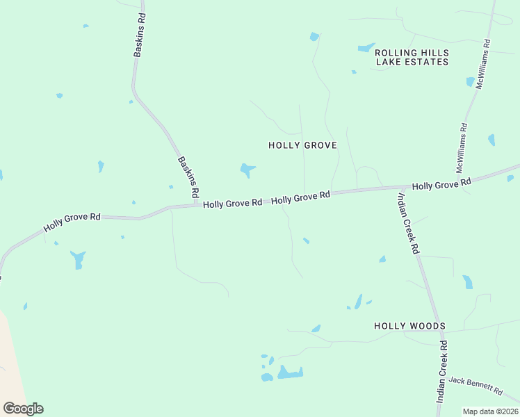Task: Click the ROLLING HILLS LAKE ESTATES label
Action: pos(412,57)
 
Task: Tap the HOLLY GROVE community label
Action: pos(302,145)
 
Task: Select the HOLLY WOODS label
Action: pos(409,326)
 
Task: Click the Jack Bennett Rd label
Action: pos(476,384)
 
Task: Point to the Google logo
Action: pos(23,409)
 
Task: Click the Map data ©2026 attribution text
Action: pos(490,411)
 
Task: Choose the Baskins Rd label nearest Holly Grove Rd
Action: pos(188,177)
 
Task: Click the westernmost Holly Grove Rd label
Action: pos(72,222)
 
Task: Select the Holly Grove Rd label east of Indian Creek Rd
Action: pos(441,184)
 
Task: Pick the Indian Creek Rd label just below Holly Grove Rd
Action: pos(407,222)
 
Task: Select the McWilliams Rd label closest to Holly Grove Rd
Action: pos(464,148)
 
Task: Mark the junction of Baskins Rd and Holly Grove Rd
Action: pos(197,205)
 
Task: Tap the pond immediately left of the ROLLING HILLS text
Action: pos(366,48)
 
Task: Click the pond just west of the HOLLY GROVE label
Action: pos(246,169)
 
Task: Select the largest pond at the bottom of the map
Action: pos(290,373)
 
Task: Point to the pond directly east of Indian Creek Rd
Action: pos(468,281)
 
